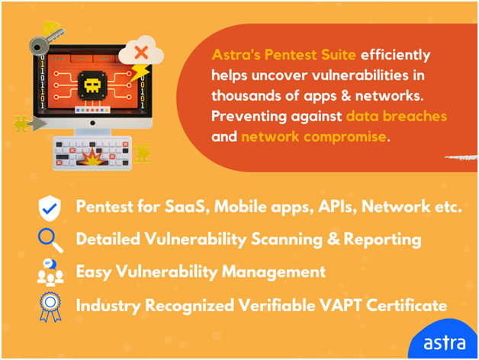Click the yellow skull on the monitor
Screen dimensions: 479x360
[x=92, y=86]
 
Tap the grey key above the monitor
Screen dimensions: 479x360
[x=46, y=42]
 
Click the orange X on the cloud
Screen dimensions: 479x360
[x=141, y=53]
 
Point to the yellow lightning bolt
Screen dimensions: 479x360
[x=140, y=73]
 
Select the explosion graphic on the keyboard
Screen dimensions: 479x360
[x=92, y=157]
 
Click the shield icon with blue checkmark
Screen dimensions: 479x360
[x=50, y=207]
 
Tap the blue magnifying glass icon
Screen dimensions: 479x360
[x=50, y=240]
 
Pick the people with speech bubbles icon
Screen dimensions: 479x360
[x=50, y=272]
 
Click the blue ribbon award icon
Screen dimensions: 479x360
[x=50, y=307]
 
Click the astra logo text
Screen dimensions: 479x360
[x=445, y=343]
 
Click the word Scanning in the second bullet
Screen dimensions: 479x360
[x=287, y=239]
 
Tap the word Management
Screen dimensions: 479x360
[x=274, y=272]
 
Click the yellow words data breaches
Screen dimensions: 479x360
[x=397, y=116]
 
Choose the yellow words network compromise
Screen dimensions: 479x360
[x=313, y=137]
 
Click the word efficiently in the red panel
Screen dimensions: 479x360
[x=396, y=56]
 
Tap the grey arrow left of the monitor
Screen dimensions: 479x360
[x=38, y=124]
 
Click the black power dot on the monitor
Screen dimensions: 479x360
[x=92, y=123]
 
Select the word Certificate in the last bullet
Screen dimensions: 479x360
[x=407, y=305]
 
